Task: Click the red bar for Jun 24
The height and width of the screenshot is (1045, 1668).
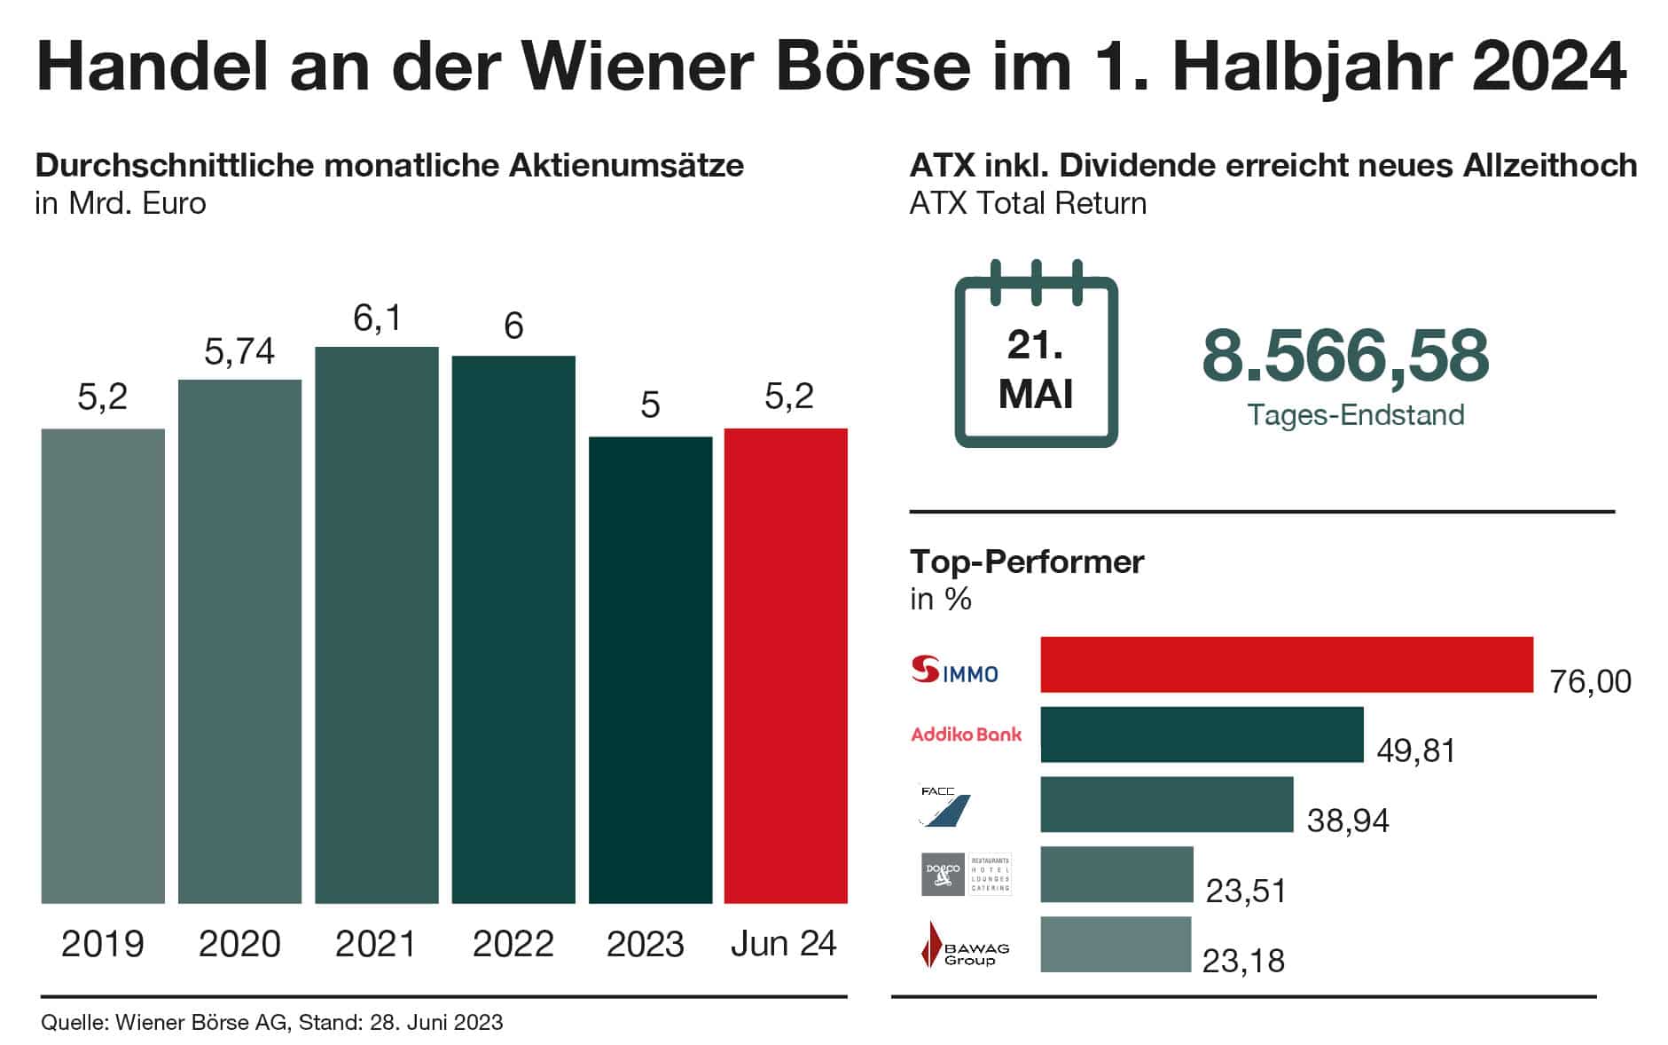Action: (786, 665)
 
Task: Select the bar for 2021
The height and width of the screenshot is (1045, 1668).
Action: (377, 625)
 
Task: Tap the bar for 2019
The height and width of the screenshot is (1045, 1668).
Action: (103, 665)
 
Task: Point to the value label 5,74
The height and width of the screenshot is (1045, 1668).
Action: (239, 352)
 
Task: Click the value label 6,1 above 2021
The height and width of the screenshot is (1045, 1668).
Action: (377, 318)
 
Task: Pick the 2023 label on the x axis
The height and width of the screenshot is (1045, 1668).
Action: (646, 944)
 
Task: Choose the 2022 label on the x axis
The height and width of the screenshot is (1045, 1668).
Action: (513, 944)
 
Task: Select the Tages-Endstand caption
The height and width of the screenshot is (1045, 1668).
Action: (1356, 415)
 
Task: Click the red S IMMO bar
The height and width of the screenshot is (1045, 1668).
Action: (1286, 664)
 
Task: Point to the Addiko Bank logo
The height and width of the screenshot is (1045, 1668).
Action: (967, 735)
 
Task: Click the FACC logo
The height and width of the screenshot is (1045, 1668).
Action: (944, 805)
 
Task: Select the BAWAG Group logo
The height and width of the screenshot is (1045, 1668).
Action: (965, 945)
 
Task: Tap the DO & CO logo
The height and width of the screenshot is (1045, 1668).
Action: (966, 875)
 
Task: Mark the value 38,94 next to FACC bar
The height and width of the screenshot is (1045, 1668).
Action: (1348, 821)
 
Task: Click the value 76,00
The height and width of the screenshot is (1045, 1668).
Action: (1590, 681)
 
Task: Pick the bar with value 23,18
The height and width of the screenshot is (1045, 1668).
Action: (1115, 945)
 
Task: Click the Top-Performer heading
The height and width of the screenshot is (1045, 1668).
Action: (1027, 562)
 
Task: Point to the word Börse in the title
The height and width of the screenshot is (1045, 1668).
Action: (873, 67)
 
